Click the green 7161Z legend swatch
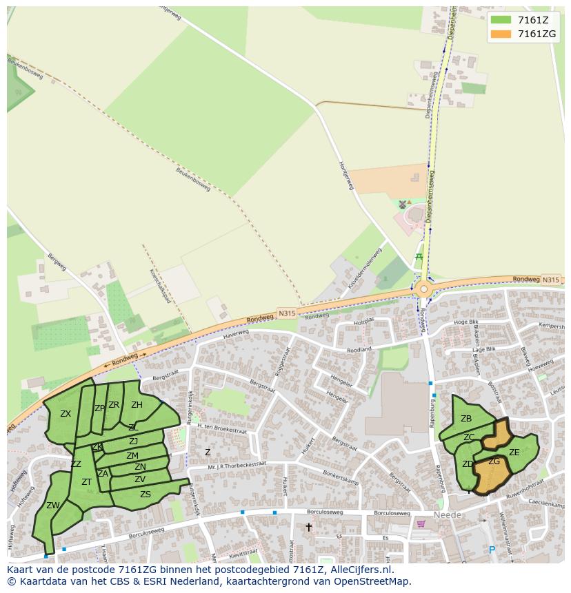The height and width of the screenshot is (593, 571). click(501, 20)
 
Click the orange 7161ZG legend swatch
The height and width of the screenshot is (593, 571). click(501, 34)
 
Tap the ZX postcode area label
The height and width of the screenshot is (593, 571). click(66, 414)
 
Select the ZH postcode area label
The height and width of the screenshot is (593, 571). click(137, 405)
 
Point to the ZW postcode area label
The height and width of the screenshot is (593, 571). click(53, 506)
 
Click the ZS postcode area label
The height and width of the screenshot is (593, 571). click(146, 495)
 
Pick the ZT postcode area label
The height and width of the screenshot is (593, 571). click(87, 482)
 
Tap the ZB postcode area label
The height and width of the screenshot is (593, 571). click(466, 419)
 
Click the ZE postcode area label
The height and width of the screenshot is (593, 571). click(514, 452)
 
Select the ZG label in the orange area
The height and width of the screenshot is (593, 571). click(494, 461)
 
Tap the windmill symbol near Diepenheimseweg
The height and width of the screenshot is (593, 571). click(403, 205)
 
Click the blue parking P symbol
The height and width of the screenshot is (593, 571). click(492, 550)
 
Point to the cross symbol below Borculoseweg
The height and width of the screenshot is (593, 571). click(308, 528)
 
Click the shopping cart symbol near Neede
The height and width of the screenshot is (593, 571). click(421, 523)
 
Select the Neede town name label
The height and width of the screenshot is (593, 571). click(447, 515)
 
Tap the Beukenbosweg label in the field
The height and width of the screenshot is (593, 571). click(192, 180)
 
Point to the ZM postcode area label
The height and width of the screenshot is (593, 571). click(132, 456)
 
